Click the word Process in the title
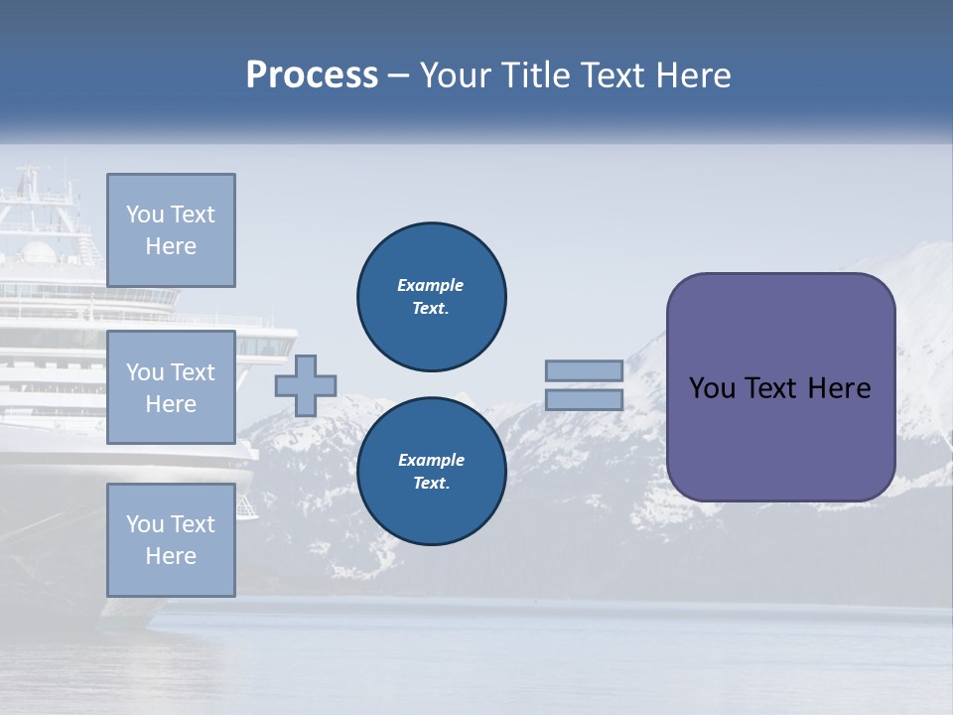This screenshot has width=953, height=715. pyautogui.click(x=312, y=75)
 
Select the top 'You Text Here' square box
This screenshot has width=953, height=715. pyautogui.click(x=171, y=230)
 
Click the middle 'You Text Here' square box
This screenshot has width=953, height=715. pyautogui.click(x=171, y=387)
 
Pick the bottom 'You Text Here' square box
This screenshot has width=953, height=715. pyautogui.click(x=171, y=539)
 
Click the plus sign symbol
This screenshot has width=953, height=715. pyautogui.click(x=306, y=385)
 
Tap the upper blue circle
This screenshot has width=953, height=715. pyautogui.click(x=432, y=297)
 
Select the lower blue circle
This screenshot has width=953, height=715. pyautogui.click(x=432, y=472)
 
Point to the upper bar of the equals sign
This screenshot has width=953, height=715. pyautogui.click(x=584, y=370)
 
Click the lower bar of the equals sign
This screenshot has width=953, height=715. pyautogui.click(x=584, y=399)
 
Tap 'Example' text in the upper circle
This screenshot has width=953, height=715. pyautogui.click(x=430, y=285)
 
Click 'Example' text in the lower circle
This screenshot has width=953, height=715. pyautogui.click(x=431, y=460)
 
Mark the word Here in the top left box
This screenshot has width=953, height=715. pyautogui.click(x=171, y=246)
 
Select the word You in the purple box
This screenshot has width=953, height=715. pyautogui.click(x=712, y=388)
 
